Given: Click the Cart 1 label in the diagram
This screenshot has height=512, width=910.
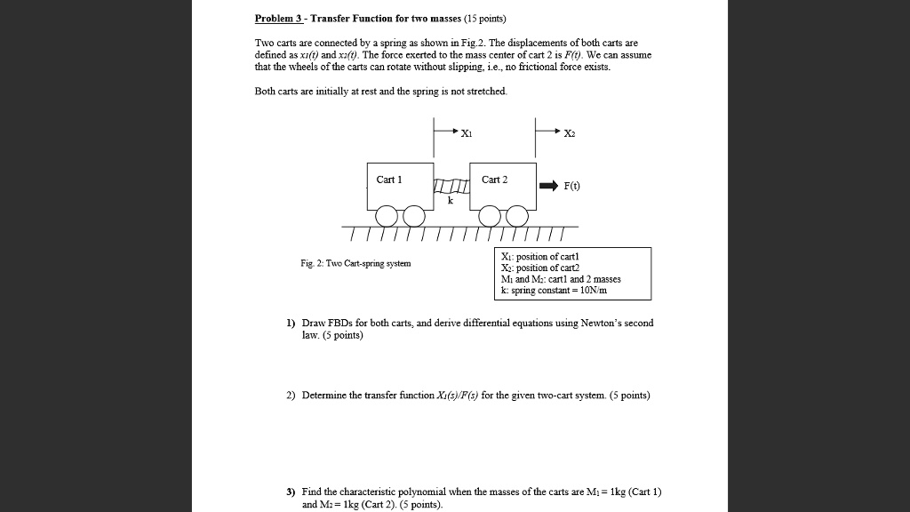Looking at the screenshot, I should (x=389, y=180).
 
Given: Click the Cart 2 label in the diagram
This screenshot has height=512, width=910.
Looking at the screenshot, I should (x=494, y=180).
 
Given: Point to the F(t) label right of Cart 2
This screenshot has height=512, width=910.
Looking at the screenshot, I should (x=573, y=187).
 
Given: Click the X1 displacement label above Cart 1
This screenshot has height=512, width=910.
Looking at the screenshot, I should (x=467, y=133).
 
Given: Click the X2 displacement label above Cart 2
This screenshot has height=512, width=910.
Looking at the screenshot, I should (x=570, y=133).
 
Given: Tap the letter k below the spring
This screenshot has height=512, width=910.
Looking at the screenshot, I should (x=450, y=202).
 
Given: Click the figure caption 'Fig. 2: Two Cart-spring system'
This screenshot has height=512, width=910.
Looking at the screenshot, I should (x=355, y=263).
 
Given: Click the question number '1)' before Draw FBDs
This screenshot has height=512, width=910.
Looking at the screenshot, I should (x=291, y=323).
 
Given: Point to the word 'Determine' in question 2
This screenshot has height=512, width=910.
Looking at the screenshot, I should (x=323, y=395).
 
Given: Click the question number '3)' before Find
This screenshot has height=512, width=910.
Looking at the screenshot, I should (x=291, y=492).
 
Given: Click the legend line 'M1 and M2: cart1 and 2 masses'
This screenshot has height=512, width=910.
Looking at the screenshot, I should (x=561, y=278).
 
